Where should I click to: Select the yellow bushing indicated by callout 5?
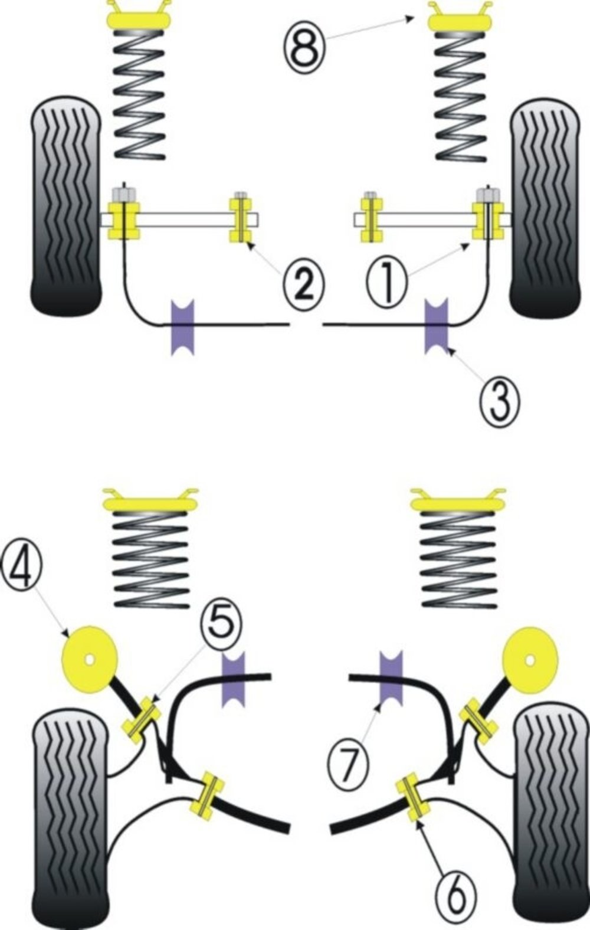coord(142,718)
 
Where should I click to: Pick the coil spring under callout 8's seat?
coord(461,97)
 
